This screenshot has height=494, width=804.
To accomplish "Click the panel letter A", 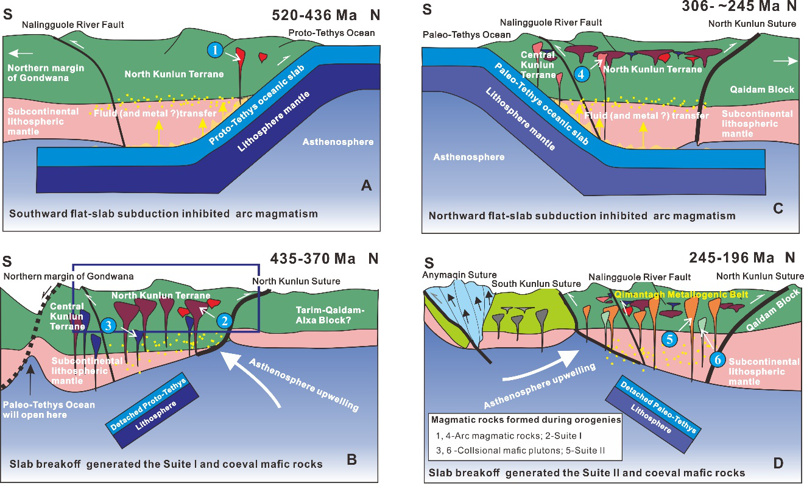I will click(x=366, y=187).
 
